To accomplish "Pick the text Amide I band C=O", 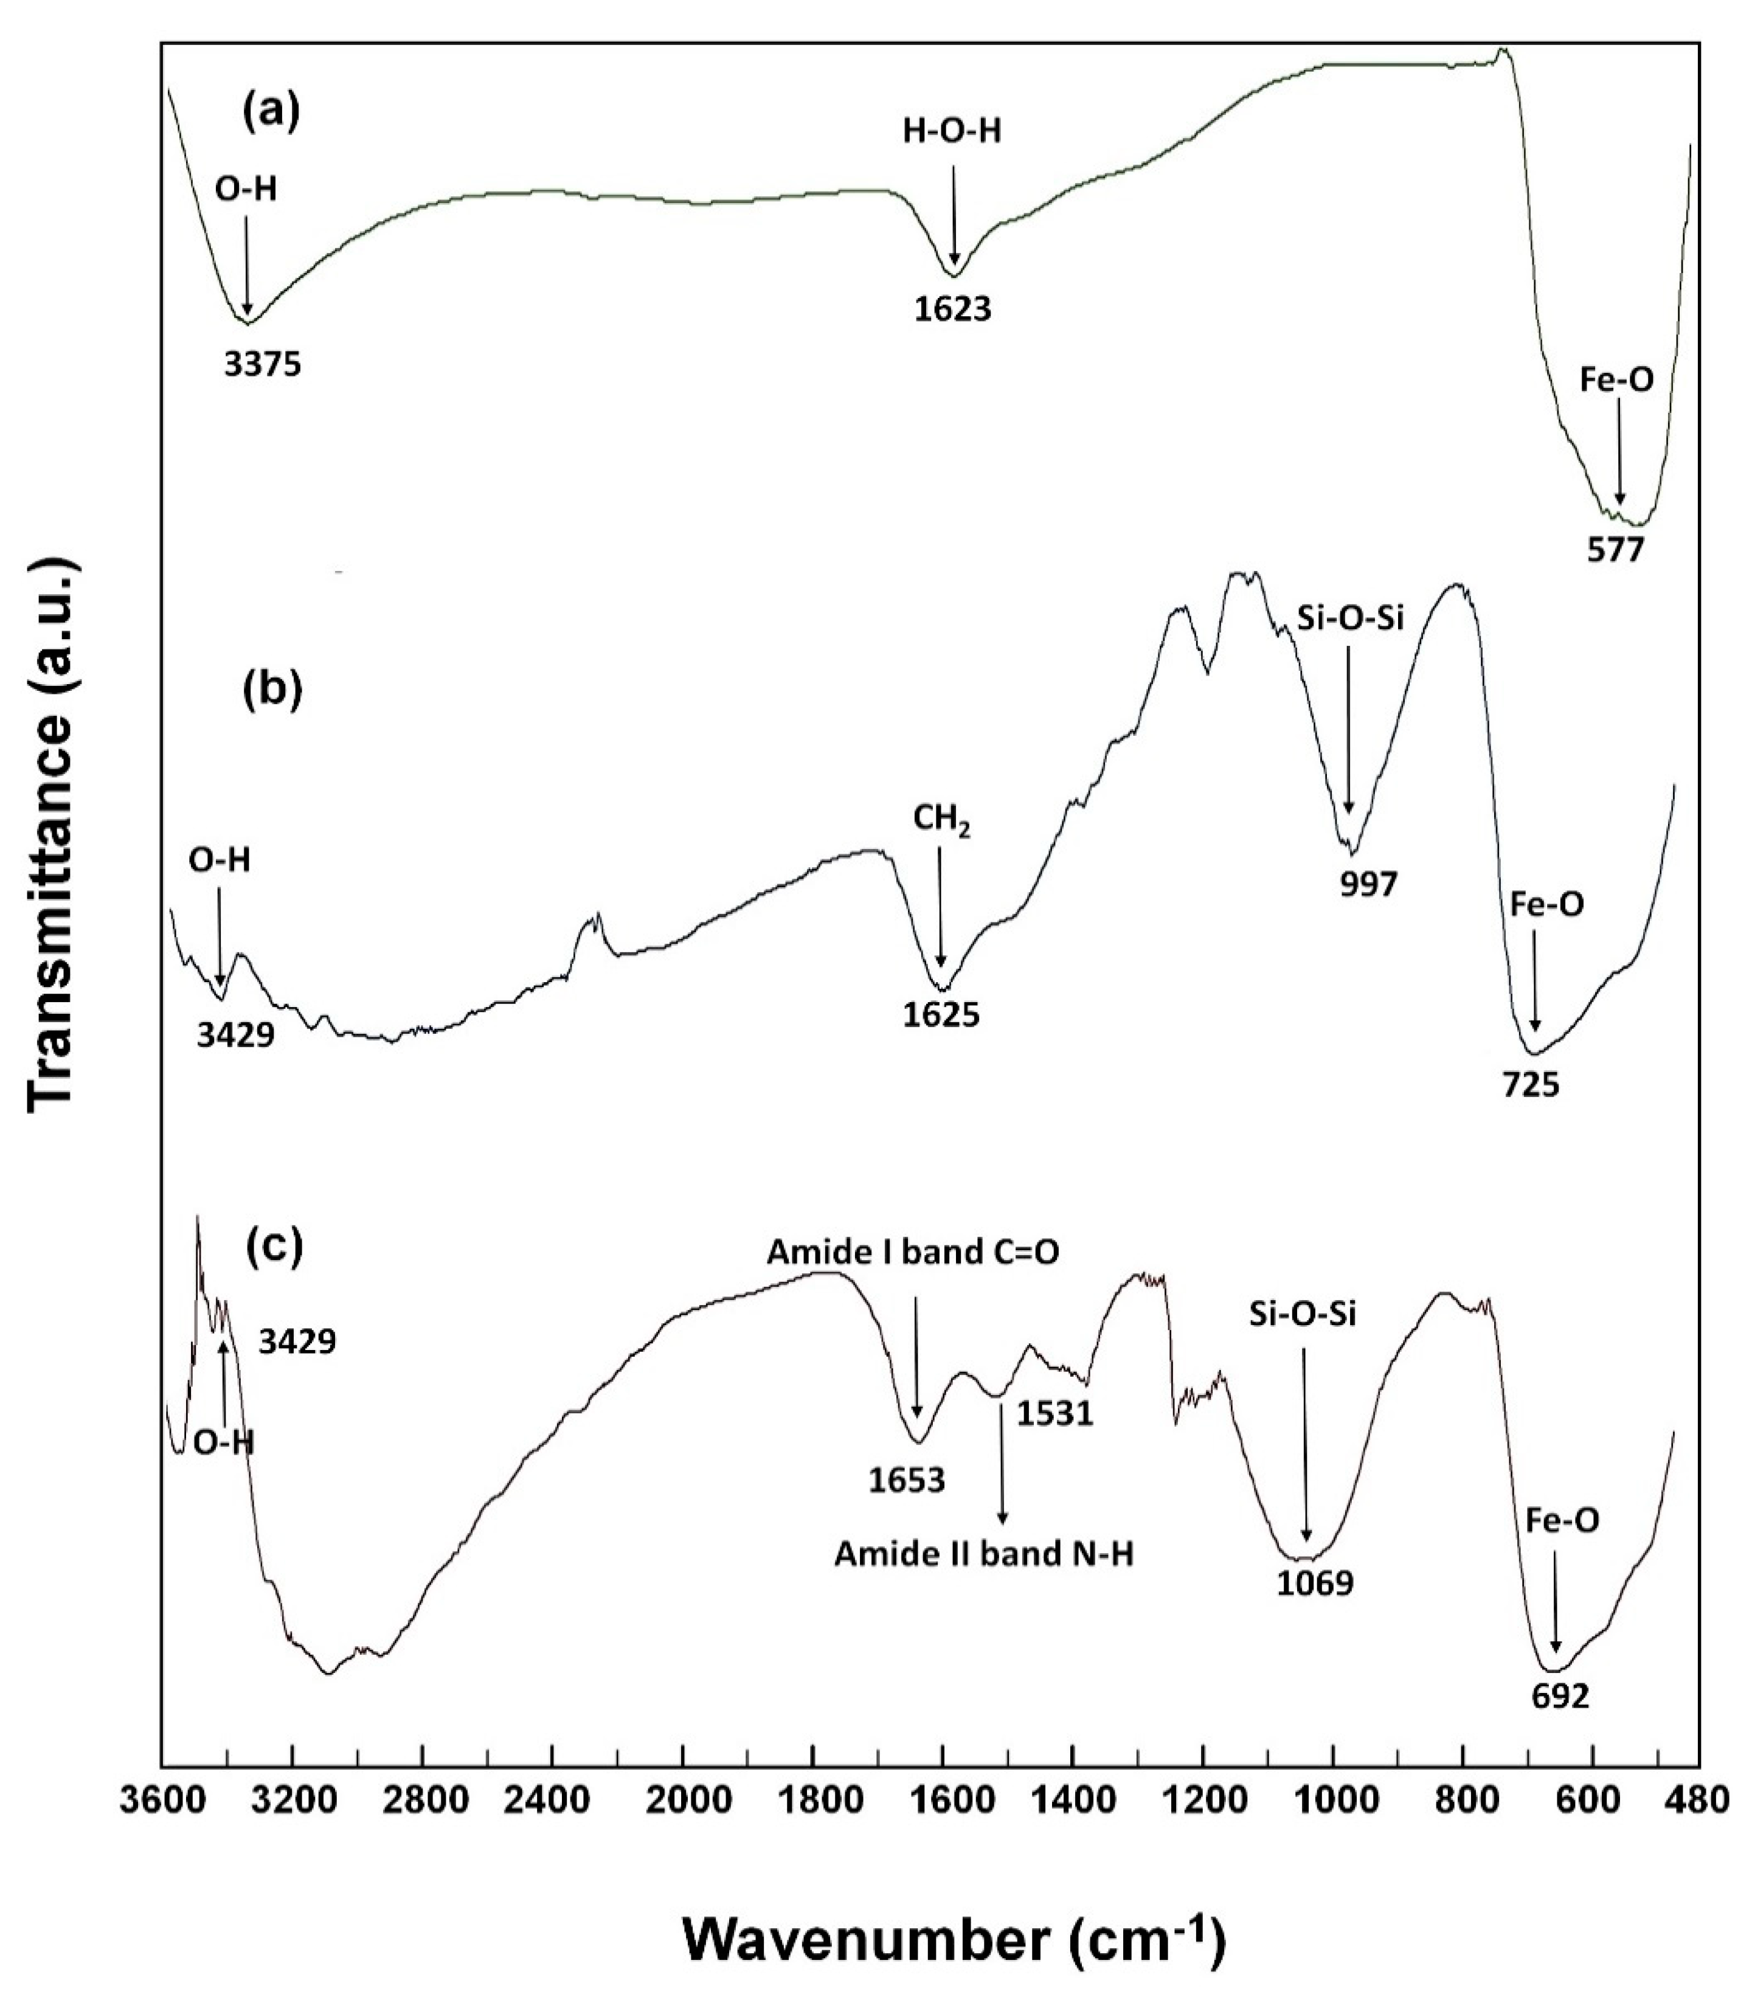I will coord(912,1253).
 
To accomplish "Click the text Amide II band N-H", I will coord(983,1555).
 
